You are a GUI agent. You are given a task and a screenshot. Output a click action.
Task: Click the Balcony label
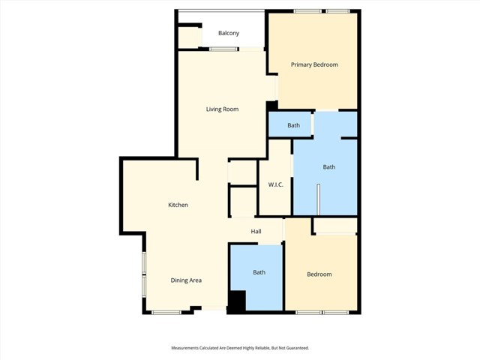[229, 33]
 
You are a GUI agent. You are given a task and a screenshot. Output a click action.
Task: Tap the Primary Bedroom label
[314, 64]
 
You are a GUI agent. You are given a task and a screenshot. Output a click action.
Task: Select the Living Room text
[222, 109]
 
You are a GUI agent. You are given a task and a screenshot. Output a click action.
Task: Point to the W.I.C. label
[275, 184]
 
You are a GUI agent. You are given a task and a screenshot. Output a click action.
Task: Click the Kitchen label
[178, 205]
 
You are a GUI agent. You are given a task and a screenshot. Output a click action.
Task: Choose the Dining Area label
[186, 280]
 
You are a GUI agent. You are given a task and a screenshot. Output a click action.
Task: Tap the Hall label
[256, 231]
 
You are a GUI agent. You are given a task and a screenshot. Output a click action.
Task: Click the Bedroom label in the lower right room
[319, 274]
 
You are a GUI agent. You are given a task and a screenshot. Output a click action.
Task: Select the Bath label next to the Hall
[259, 272]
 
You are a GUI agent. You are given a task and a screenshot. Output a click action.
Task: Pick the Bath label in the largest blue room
[328, 167]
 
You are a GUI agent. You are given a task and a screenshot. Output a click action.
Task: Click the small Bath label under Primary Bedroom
[293, 125]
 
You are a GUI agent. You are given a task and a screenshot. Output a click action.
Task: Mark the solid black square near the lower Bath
[237, 301]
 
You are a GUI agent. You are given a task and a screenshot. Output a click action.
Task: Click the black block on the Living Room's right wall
[271, 106]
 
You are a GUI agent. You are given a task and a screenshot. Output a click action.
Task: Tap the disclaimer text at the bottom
[240, 348]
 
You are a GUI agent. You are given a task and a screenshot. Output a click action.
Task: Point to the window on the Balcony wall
[223, 49]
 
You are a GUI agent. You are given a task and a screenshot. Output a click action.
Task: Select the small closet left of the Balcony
[188, 37]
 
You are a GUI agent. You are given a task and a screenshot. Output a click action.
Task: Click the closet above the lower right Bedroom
[334, 226]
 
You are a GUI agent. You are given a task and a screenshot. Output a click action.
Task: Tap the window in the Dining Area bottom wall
[166, 312]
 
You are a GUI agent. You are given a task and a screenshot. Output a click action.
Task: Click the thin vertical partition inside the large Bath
[318, 199]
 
